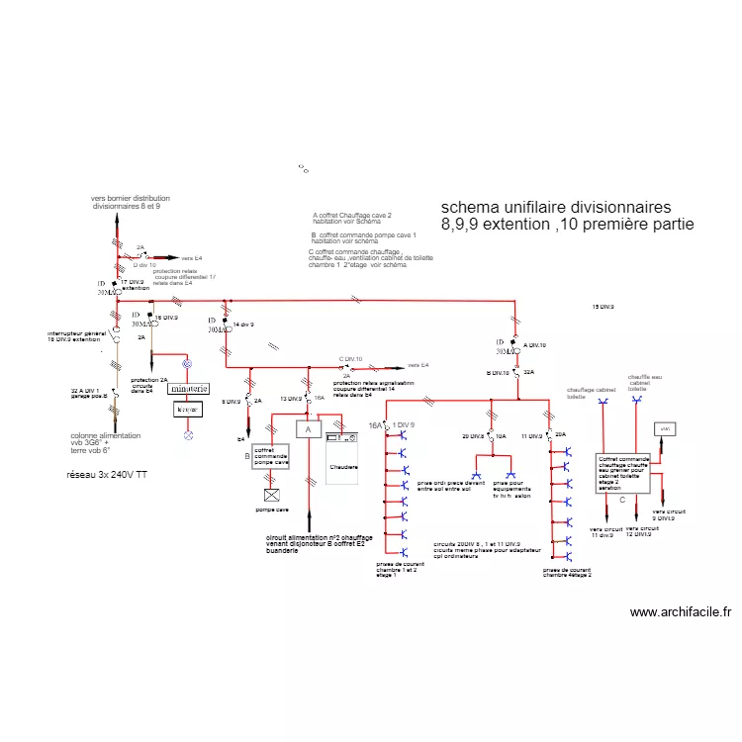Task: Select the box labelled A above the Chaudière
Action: pos(308,429)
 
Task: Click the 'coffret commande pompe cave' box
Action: pos(270,456)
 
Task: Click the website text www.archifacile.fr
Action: pos(681,612)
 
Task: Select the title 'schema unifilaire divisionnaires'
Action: pos(555,207)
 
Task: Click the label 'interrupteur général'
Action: pos(76,333)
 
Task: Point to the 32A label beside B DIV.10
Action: pos(528,373)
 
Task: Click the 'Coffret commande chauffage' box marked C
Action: pos(623,474)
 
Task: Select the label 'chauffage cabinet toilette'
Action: pos(591,393)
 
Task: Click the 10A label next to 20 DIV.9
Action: pos(502,435)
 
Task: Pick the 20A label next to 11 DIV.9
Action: pos(560,435)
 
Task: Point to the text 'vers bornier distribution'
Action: pos(130,198)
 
